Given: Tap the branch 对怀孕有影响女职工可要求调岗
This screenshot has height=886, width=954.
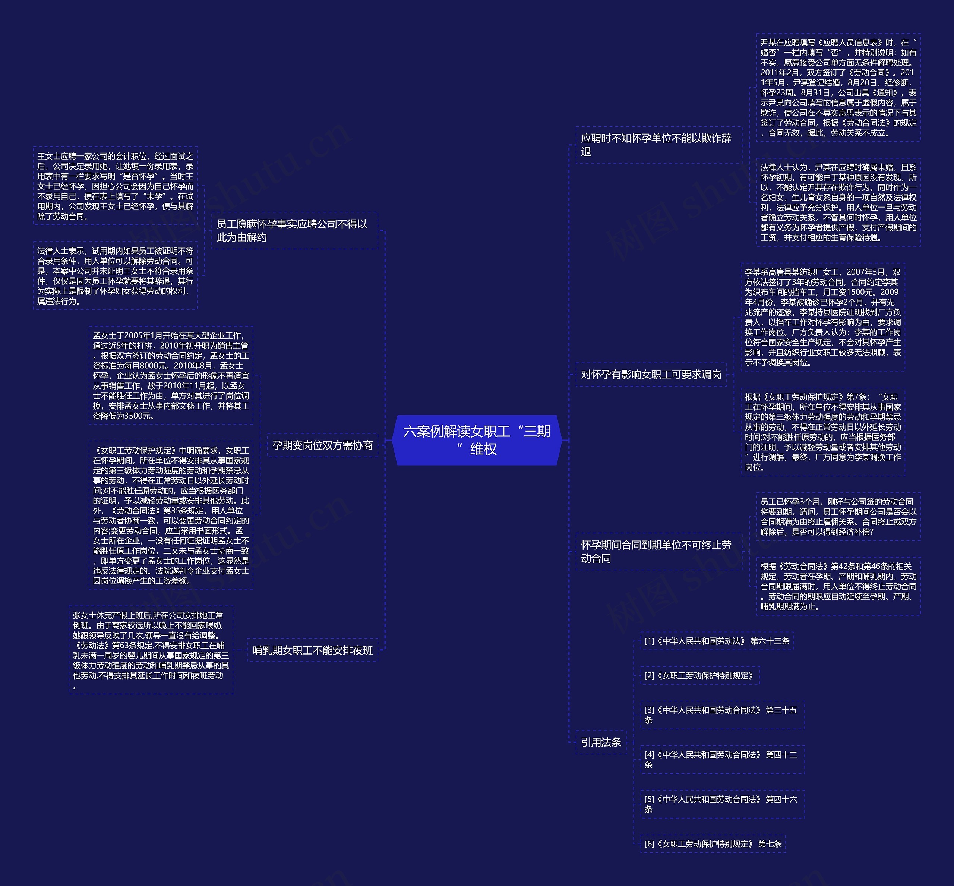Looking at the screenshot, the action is (x=651, y=375).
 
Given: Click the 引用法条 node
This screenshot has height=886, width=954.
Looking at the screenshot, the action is (x=601, y=742).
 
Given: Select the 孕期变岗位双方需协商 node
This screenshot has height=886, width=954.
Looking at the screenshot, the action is (x=322, y=445).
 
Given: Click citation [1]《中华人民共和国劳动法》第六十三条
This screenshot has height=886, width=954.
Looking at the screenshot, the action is (x=716, y=641).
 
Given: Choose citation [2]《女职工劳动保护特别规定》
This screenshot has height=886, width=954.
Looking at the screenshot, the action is (x=699, y=675).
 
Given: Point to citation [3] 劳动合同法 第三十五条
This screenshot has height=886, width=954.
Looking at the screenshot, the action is (x=721, y=715).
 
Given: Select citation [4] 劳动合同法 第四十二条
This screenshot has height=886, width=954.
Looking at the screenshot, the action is (x=721, y=759).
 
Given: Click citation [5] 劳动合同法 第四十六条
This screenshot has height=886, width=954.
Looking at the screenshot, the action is (x=721, y=804).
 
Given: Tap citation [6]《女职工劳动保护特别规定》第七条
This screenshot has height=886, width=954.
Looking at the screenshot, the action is (x=713, y=844).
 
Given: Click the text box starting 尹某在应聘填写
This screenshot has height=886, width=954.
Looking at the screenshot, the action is (x=838, y=87).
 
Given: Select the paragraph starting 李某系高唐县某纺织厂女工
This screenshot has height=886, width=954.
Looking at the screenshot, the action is (x=822, y=317).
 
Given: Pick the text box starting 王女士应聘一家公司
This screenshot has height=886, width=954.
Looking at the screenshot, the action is (x=115, y=186).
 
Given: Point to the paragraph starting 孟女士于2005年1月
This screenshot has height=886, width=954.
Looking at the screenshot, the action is (x=171, y=375).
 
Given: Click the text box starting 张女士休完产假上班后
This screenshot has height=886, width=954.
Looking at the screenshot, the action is (x=151, y=650).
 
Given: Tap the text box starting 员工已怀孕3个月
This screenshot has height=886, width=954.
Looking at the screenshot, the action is (x=838, y=516).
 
